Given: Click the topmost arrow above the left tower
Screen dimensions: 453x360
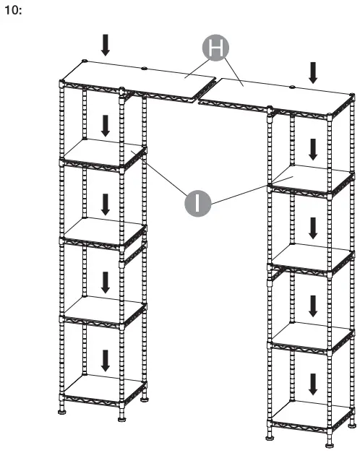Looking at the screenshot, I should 106,45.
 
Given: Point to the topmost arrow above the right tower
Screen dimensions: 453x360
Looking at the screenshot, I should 313,72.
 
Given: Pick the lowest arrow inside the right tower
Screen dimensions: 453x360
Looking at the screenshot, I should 313,383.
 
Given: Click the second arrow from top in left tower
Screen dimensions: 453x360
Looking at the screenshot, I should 106,125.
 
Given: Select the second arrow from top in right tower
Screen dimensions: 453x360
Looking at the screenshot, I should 313,150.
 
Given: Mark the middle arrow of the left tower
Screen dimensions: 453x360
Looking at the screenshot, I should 106,204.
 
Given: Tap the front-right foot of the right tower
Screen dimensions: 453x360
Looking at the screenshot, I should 331,440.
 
